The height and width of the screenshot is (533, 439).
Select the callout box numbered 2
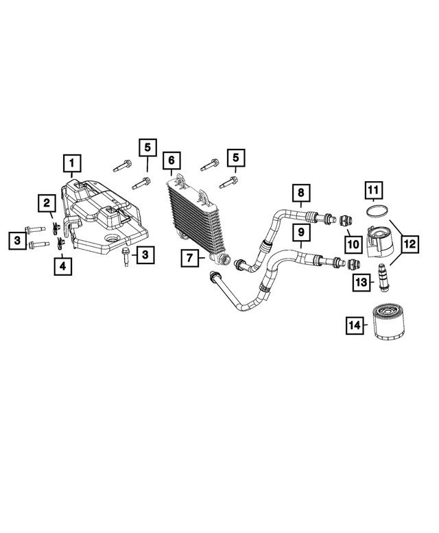[47, 203]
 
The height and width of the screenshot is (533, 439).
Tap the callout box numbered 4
[63, 265]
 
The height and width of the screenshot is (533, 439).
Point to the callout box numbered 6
[171, 161]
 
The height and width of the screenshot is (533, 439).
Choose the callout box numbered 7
[190, 259]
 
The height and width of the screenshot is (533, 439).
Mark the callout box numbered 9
[300, 233]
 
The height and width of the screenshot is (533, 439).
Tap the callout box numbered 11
[372, 189]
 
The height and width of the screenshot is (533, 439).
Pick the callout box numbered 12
[409, 243]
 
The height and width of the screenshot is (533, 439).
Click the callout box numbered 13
[362, 282]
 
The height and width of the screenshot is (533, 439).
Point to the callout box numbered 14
[355, 326]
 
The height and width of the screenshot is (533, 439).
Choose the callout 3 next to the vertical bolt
[145, 255]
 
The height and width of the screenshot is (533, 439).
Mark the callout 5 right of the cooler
[235, 158]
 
